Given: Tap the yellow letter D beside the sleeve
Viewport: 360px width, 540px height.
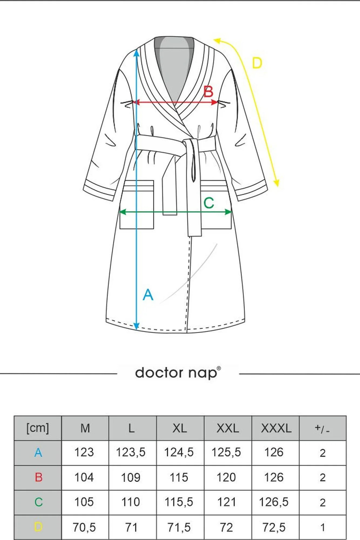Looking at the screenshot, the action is [257, 63].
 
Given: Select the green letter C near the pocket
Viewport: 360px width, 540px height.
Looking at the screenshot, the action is [209, 203].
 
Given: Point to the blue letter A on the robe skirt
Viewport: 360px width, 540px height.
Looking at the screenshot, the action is [148, 295].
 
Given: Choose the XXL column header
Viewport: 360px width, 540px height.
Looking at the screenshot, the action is [228, 428].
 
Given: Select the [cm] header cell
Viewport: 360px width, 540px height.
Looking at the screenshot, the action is [38, 428].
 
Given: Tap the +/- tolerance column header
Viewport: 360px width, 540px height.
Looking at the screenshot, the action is [322, 428].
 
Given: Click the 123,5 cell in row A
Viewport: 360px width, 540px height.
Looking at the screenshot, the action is [131, 453].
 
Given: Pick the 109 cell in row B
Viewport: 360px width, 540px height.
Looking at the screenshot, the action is [131, 478].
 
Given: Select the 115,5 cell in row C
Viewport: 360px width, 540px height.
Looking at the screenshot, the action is [179, 502].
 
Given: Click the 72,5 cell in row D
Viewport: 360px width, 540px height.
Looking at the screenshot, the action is [274, 527].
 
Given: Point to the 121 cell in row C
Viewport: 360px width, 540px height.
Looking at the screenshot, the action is [226, 502].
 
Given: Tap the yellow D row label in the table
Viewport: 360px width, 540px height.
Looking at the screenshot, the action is [38, 527].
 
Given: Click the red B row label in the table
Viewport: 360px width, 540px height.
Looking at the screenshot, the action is [39, 477].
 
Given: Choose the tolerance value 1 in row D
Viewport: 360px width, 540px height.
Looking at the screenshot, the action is [322, 527].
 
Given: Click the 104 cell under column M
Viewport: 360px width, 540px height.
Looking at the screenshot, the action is [84, 477].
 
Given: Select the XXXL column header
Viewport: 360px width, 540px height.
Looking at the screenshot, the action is [276, 428].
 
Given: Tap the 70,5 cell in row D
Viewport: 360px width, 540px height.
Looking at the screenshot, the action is [84, 527].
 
